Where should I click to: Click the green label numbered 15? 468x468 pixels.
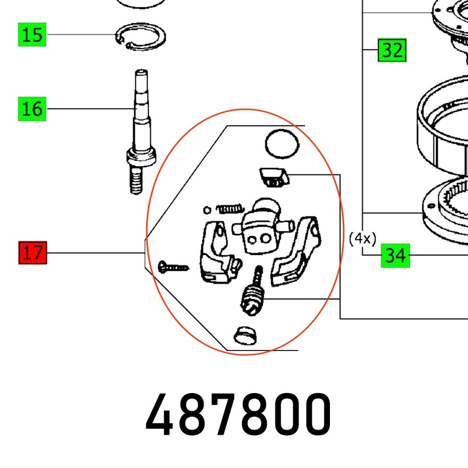pyautogui.click(x=32, y=35)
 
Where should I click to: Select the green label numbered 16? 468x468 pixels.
pyautogui.click(x=32, y=109)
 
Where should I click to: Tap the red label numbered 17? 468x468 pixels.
pyautogui.click(x=33, y=253)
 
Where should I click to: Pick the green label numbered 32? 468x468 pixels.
pyautogui.click(x=392, y=50)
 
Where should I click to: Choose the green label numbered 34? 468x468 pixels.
pyautogui.click(x=395, y=256)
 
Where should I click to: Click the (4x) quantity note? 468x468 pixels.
pyautogui.click(x=363, y=239)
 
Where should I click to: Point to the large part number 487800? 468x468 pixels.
pyautogui.click(x=238, y=415)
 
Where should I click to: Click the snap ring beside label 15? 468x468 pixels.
pyautogui.click(x=140, y=36)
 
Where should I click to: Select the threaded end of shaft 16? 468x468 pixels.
pyautogui.click(x=136, y=180)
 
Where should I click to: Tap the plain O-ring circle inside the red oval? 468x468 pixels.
pyautogui.click(x=282, y=144)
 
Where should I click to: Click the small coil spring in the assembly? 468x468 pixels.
pyautogui.click(x=230, y=209)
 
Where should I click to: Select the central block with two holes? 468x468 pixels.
pyautogui.click(x=261, y=228)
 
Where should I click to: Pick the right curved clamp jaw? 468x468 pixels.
pyautogui.click(x=295, y=252)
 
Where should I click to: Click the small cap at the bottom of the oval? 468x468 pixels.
pyautogui.click(x=245, y=335)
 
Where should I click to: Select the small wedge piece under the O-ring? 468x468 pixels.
pyautogui.click(x=274, y=178)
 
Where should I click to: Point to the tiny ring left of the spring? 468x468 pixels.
pyautogui.click(x=207, y=210)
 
